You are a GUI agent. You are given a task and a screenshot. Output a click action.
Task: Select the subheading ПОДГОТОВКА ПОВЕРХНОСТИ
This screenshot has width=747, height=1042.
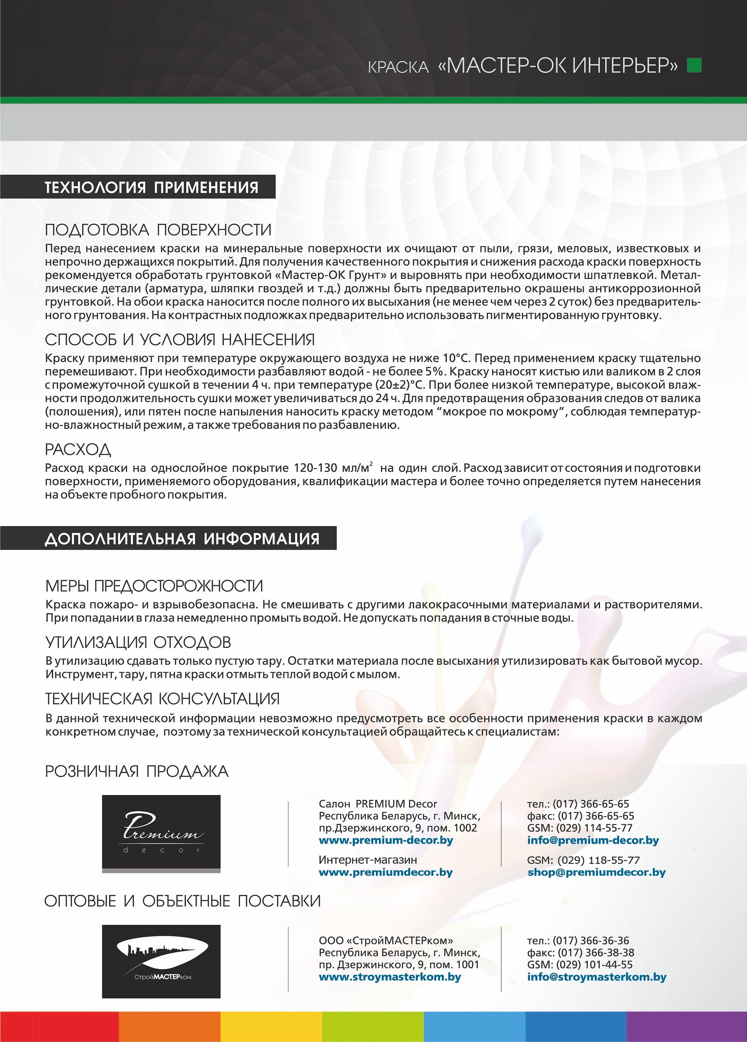pos(158,230)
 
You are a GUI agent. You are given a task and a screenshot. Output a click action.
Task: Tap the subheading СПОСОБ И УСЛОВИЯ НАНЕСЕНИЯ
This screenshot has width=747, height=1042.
pos(180,340)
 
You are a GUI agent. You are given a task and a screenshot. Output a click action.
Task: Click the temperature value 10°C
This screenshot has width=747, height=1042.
pos(457,358)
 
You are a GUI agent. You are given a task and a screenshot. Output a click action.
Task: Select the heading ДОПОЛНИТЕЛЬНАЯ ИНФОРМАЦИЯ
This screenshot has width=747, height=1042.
pos(182,539)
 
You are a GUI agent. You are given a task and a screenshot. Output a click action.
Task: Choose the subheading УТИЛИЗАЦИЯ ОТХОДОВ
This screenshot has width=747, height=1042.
pos(138,643)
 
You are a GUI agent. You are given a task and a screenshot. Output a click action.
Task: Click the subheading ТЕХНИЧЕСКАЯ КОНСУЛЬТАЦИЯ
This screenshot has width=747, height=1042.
pos(162,699)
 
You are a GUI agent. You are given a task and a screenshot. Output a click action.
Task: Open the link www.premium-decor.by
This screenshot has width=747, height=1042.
pos(386,840)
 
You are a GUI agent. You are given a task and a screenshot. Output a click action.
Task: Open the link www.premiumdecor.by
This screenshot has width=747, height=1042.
pos(386,872)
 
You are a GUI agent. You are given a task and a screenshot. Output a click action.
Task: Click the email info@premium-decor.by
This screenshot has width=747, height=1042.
pos(593,840)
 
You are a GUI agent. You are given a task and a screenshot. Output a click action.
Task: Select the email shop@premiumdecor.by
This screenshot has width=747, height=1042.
pos(596,872)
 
